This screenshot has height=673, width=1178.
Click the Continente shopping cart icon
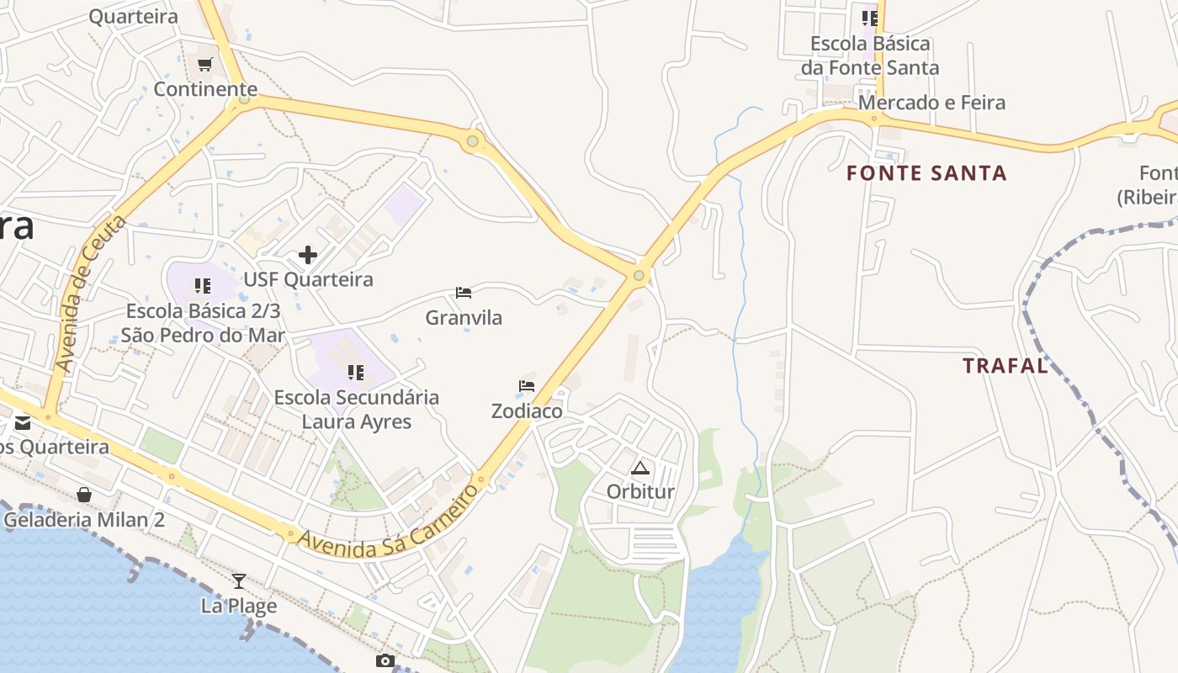pyautogui.click(x=204, y=65)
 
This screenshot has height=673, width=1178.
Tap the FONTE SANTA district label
pyautogui.click(x=926, y=174)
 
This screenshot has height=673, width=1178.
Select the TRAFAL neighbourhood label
pyautogui.click(x=1006, y=366)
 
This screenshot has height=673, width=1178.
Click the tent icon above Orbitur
pyautogui.click(x=640, y=469)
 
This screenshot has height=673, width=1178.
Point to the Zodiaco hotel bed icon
pyautogui.click(x=527, y=386)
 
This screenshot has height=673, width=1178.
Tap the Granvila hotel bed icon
pyautogui.click(x=463, y=293)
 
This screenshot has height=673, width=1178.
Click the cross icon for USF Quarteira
pyautogui.click(x=308, y=254)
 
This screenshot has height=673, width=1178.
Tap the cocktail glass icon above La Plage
pyautogui.click(x=239, y=580)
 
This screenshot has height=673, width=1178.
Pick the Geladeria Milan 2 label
pyautogui.click(x=84, y=520)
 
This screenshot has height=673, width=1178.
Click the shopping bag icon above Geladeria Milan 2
pyautogui.click(x=84, y=495)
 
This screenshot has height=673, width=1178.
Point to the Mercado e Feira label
pyautogui.click(x=931, y=103)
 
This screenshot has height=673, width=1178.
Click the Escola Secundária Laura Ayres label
pyautogui.click(x=357, y=409)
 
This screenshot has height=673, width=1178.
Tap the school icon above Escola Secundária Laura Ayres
pyautogui.click(x=356, y=372)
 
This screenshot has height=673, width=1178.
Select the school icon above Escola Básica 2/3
pyautogui.click(x=202, y=286)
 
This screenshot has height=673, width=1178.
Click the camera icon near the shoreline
pyautogui.click(x=385, y=661)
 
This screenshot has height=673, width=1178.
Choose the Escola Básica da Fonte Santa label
pyautogui.click(x=870, y=56)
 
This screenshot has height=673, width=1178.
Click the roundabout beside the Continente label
pyautogui.click(x=244, y=98)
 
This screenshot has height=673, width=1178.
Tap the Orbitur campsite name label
pyautogui.click(x=640, y=491)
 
